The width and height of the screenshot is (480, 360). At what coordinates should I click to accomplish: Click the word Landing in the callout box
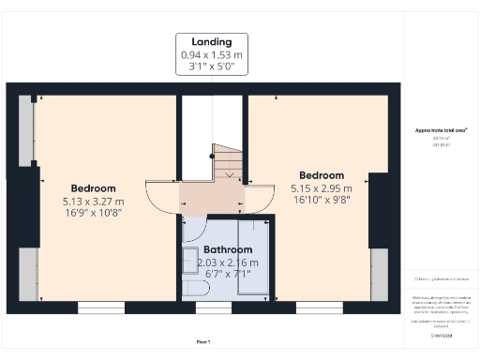pos(212,42)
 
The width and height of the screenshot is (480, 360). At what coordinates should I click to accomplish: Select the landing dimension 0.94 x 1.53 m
pos(212,55)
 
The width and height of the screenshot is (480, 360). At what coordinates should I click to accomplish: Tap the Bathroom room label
pos(228,250)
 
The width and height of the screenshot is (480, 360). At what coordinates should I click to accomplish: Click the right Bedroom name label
pos(321,175)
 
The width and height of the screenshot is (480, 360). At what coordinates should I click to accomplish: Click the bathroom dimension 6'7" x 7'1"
pos(228,275)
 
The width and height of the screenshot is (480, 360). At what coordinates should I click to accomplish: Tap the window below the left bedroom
pos(95,307)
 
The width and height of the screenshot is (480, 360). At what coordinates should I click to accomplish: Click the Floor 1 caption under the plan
pos(202,341)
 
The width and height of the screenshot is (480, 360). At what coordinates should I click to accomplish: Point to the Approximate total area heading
pos(441,130)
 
